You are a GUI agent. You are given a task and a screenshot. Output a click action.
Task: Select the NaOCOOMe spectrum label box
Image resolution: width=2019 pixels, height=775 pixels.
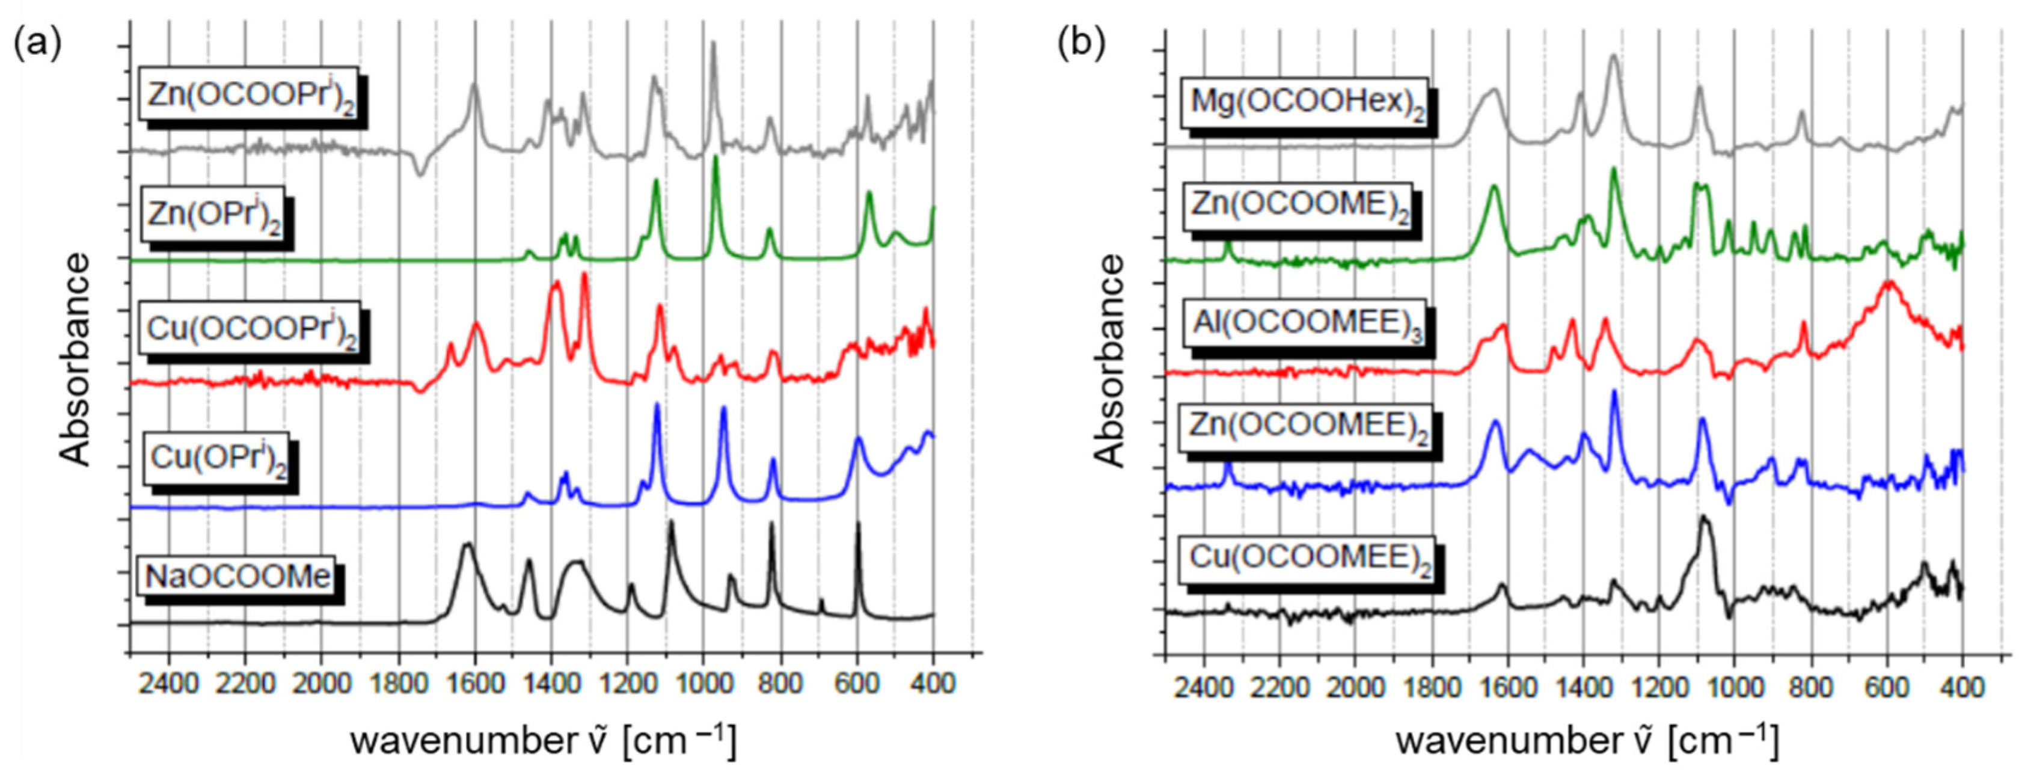tap(238, 577)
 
